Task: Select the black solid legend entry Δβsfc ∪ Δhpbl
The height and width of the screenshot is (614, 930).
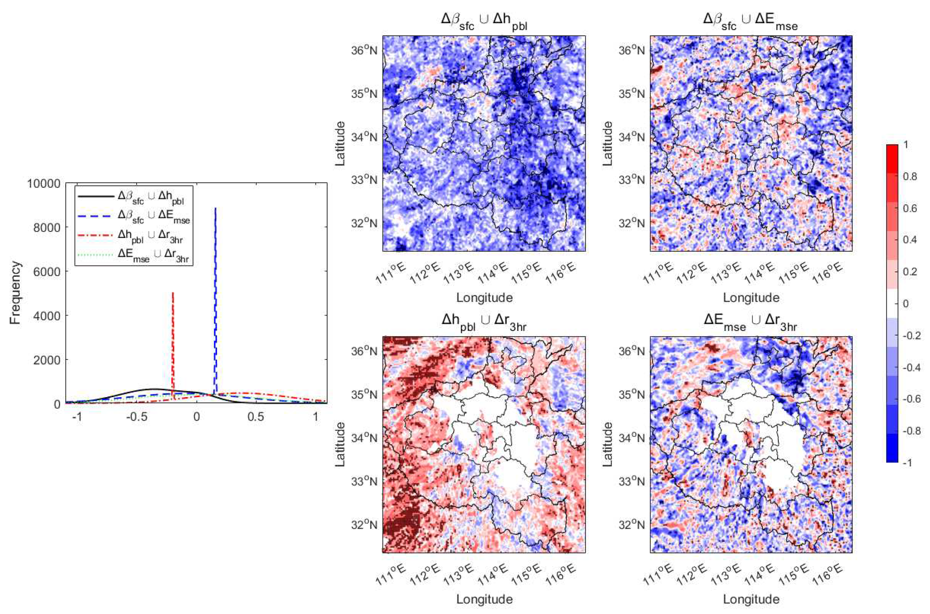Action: (x=151, y=198)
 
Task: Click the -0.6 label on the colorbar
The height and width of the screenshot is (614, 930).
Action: (x=912, y=399)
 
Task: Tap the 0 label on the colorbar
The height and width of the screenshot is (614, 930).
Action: (x=905, y=303)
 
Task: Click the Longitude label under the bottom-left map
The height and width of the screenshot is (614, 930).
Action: (x=484, y=599)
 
